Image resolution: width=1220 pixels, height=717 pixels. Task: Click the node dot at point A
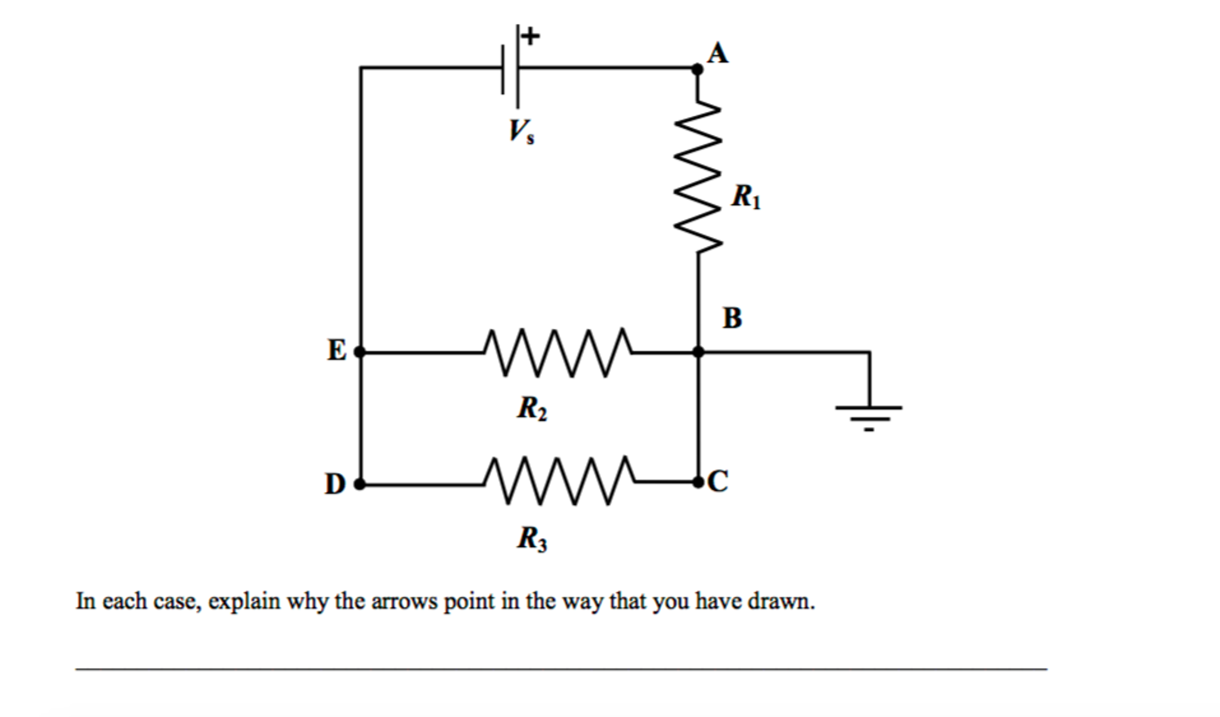pos(697,69)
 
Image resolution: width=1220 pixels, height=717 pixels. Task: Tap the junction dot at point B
pos(698,352)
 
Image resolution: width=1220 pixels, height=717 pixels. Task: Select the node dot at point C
pos(698,482)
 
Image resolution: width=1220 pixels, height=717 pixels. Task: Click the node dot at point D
pos(360,484)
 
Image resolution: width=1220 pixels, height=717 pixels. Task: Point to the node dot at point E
pos(360,352)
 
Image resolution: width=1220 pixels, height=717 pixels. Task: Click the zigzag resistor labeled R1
pos(698,177)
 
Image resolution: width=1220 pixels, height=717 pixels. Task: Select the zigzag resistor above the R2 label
pos(557,353)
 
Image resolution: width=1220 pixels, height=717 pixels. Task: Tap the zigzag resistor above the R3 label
pos(558,481)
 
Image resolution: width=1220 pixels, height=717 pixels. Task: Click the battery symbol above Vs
pos(510,68)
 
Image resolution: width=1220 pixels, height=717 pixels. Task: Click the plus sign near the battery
pos(530,36)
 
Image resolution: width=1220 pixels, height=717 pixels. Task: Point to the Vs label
pos(521,131)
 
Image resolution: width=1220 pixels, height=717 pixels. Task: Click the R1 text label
pos(745,197)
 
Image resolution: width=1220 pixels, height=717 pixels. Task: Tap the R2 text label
pos(532,409)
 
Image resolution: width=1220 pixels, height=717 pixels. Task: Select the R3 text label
pos(532,539)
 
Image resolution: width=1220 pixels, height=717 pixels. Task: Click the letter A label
pos(717,53)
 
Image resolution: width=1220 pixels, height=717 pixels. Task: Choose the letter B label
pos(732,318)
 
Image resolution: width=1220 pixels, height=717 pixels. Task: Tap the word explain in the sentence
pos(244,601)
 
